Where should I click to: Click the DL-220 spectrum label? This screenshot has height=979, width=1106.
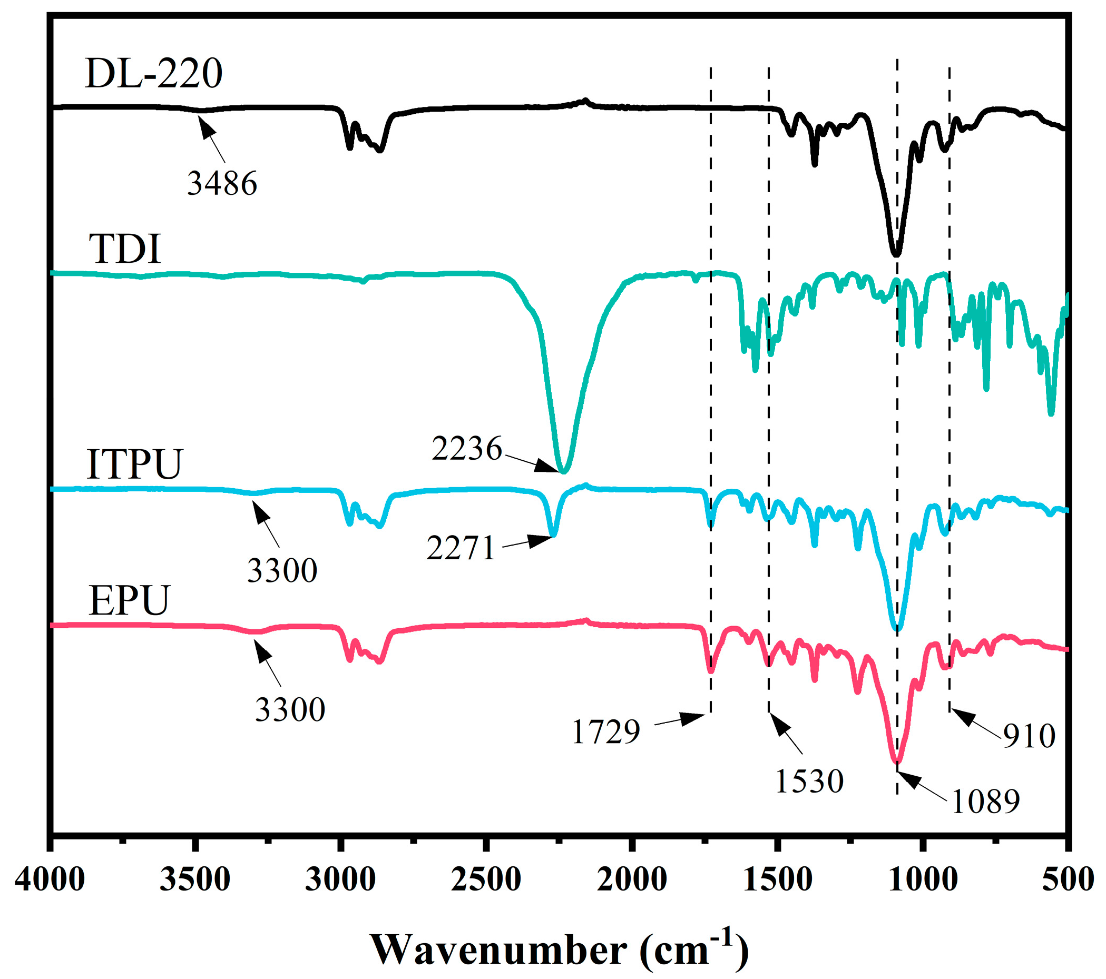pos(154,74)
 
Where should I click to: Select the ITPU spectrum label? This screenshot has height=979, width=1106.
pos(134,464)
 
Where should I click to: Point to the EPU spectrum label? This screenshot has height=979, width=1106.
pos(129,600)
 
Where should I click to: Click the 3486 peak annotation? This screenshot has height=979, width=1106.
pos(222,183)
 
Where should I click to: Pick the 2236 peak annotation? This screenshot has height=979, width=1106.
pos(466,448)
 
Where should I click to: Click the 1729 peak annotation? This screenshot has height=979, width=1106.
pos(605,733)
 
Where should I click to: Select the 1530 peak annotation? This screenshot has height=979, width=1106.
pos(809,781)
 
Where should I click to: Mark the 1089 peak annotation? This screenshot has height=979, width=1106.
pos(985,801)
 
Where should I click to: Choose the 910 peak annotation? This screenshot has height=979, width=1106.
pos(1029,736)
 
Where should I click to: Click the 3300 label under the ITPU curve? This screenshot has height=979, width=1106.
pos(282,570)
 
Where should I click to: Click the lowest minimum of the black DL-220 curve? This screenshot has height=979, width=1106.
pos(896,254)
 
